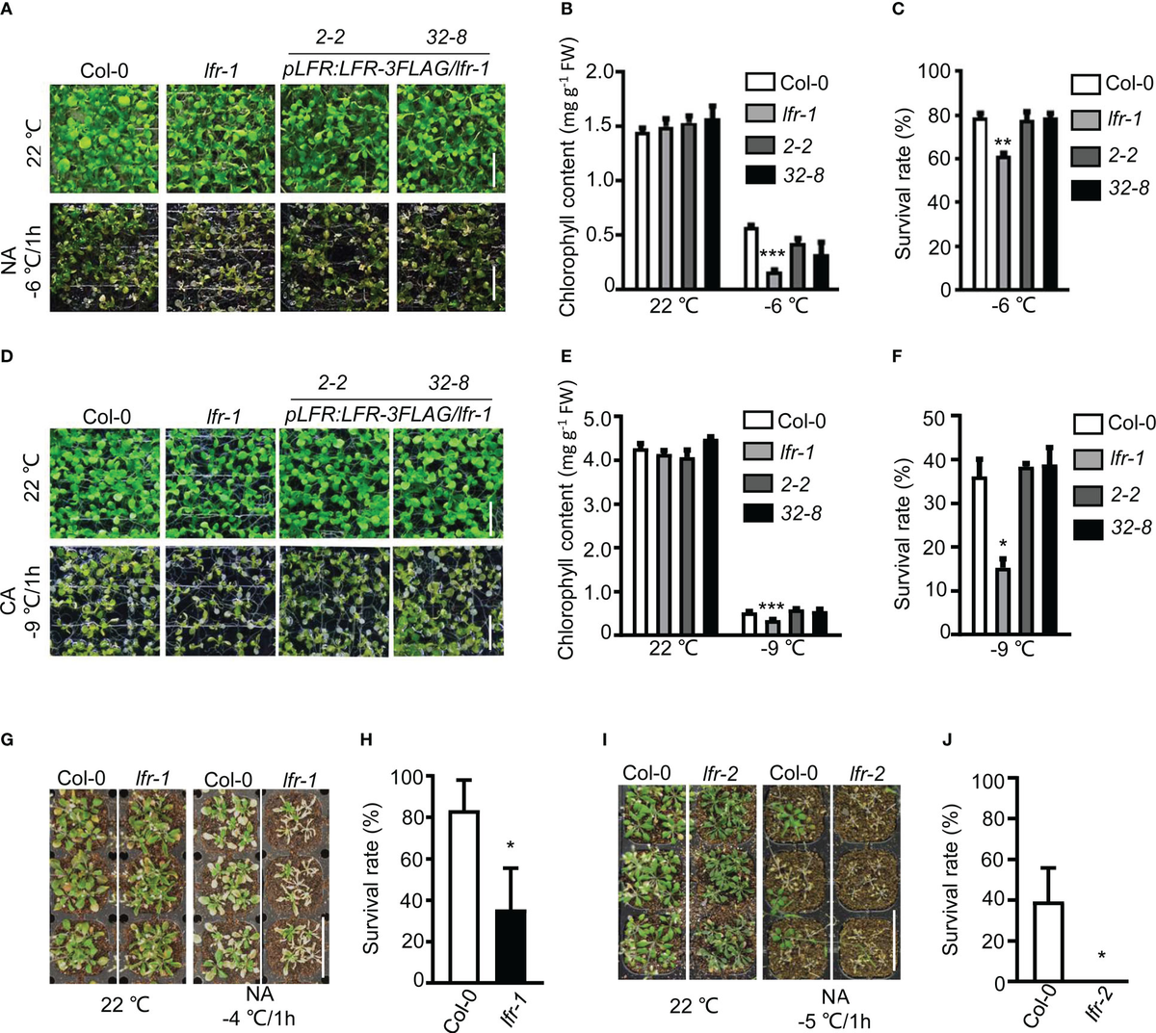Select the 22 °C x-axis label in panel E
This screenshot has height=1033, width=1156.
pos(673,648)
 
